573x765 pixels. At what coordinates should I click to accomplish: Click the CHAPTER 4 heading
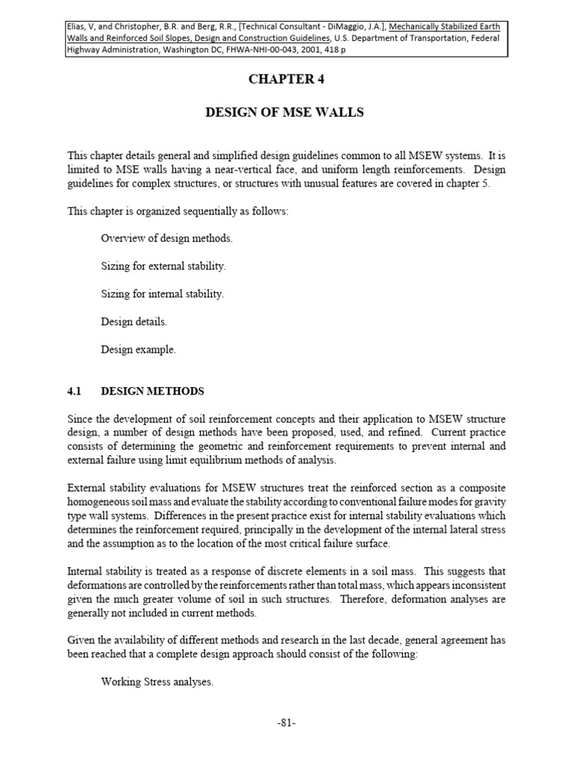286,79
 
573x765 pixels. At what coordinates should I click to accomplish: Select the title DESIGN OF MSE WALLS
286,113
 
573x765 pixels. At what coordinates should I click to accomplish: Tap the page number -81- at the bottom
286,722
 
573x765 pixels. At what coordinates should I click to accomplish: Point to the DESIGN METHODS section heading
152,391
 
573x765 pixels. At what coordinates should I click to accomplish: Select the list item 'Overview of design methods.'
167,238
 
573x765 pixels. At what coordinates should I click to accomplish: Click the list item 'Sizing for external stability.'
163,266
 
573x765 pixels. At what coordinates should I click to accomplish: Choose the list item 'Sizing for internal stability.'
163,294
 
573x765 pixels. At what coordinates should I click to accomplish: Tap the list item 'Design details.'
134,321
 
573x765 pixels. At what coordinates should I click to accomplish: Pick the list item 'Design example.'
139,349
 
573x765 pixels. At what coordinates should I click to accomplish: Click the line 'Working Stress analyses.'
156,681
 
